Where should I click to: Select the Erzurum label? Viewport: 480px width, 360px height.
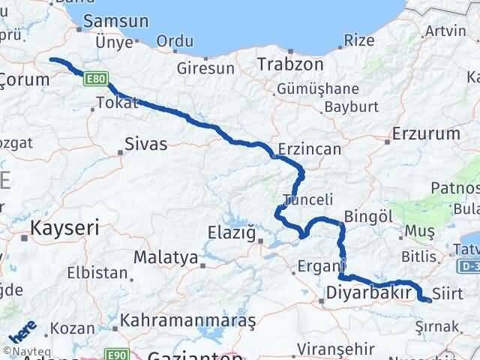[x=426, y=134]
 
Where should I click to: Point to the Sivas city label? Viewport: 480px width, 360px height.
[x=145, y=142]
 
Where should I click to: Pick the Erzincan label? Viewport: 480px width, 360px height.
[x=308, y=149]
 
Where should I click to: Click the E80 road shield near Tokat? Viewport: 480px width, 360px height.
[x=96, y=78]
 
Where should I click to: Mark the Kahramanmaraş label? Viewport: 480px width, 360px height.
[x=192, y=320]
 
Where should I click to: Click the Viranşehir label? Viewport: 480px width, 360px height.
[x=334, y=349]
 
